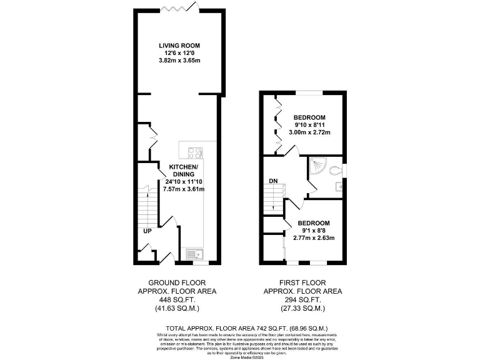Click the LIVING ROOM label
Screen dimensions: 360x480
179,46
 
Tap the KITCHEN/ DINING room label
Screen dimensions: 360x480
183,171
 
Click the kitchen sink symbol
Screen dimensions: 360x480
193,254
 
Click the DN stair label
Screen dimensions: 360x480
273,181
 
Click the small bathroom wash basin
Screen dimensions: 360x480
338,186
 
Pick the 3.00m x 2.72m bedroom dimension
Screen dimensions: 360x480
311,132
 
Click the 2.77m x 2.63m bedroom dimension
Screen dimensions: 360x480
314,238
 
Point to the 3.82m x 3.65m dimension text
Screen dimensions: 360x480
179,61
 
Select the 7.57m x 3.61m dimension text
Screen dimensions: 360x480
183,189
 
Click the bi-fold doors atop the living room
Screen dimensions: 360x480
180,8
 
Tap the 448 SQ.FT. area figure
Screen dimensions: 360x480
177,299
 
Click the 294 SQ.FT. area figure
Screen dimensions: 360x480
302,299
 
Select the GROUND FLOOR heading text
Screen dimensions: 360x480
177,283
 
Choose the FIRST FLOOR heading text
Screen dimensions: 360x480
302,283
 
